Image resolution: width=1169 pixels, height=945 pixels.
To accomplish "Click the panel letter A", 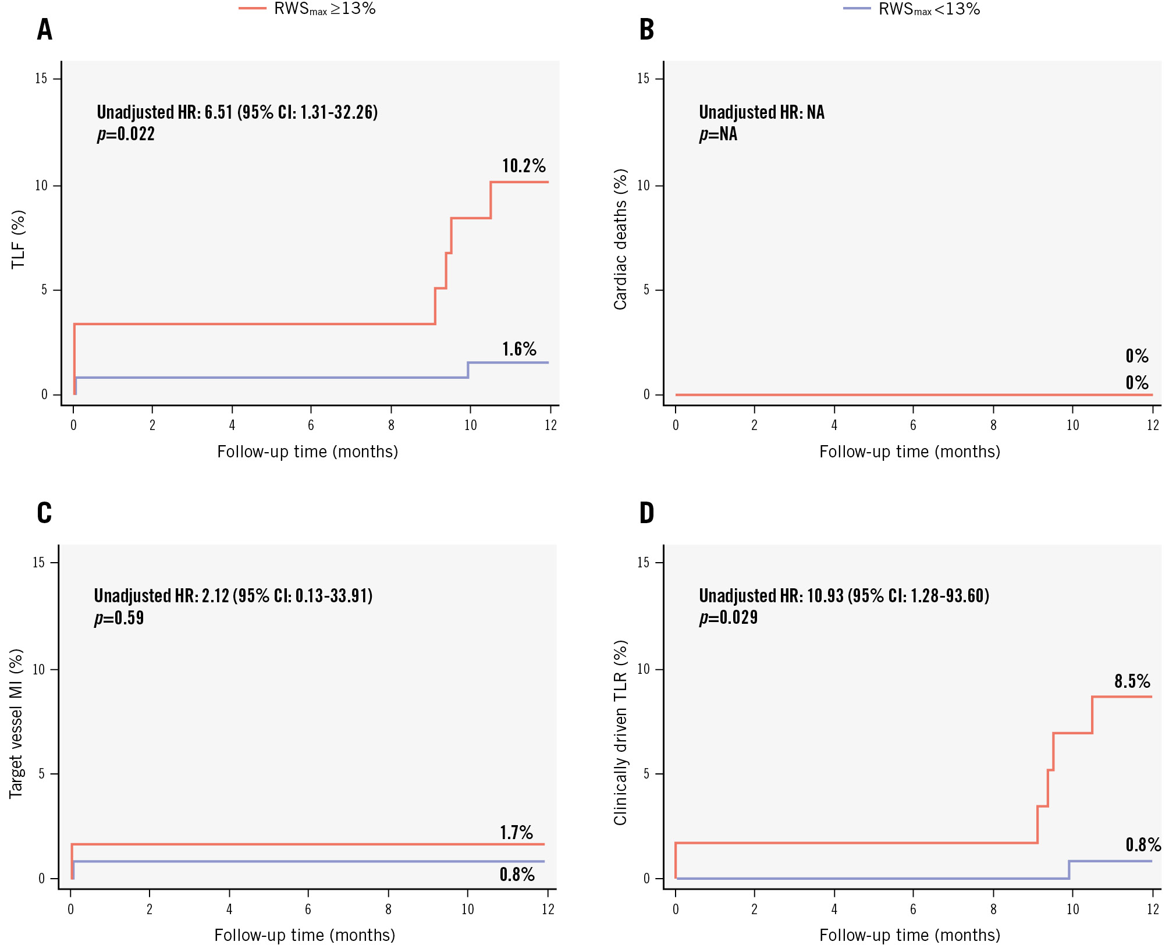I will pos(45,30).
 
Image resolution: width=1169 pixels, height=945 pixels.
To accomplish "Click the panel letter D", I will pos(646,513).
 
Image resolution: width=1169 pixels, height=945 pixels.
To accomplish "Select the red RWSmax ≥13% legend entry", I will pos(308,9).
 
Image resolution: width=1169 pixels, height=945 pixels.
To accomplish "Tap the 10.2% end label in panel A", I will pos(524,166).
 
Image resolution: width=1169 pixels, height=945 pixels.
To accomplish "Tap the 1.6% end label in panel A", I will pos(519,349).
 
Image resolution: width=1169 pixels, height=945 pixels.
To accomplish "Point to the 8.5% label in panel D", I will pos(1132,681).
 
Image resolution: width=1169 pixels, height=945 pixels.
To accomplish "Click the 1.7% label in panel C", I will pos(516,833).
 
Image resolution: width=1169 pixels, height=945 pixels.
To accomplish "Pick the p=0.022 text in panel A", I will pos(126,134).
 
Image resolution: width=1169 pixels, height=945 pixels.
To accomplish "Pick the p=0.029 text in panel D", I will pos(728,617).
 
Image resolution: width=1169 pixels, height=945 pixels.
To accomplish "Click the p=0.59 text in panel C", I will pos(119,618).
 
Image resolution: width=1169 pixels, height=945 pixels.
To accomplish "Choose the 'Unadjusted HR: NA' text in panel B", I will pos(761,112).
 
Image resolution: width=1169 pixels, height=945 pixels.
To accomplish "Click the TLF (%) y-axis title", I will pos(19,239).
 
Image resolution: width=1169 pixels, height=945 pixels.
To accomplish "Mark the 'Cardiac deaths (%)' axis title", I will pos(620,239).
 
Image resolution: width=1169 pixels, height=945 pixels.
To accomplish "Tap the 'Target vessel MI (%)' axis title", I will pos(16,723).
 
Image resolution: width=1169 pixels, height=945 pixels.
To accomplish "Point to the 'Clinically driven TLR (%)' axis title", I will pos(620,733).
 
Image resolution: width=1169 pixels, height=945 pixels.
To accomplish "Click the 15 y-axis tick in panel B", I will pos(643,79).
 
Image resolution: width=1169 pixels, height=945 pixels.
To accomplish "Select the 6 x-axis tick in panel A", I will pos(311,425).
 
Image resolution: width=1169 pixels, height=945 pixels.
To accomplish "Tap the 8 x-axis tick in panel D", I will pos(993,909).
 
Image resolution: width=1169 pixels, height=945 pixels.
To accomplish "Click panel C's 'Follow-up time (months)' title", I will pos(304,935).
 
